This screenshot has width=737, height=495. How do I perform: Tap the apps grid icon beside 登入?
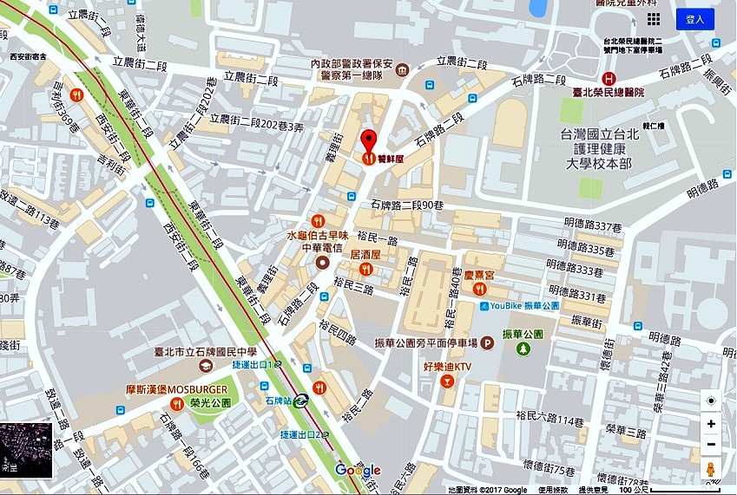[x=653, y=19]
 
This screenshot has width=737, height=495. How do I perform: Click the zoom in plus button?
[x=711, y=424]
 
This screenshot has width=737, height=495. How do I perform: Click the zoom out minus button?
[x=711, y=445]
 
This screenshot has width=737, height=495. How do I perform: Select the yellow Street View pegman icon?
[x=711, y=470]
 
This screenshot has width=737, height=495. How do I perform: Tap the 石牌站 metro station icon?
[x=300, y=401]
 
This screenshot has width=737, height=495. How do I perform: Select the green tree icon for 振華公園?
[x=523, y=348]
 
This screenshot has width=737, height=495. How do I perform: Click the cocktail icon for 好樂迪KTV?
[x=447, y=381]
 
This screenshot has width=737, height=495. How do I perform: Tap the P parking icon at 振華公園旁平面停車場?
[x=487, y=343]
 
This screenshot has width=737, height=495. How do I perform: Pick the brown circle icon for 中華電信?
[x=323, y=262]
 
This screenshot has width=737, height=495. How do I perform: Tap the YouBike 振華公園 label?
[x=524, y=305]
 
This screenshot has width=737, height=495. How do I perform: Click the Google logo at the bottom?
[x=358, y=471]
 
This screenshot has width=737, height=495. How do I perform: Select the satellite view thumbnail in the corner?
[x=27, y=451]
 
